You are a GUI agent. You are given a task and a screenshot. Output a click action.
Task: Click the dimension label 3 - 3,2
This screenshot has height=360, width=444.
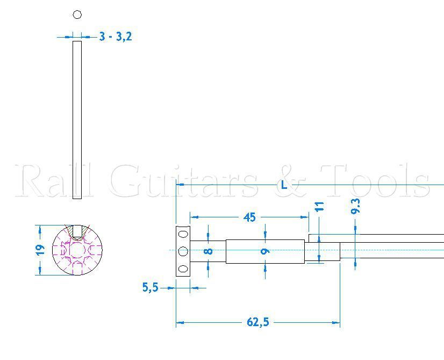pyautogui.click(x=116, y=37)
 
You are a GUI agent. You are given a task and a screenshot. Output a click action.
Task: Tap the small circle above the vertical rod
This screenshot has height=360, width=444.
pyautogui.click(x=77, y=15)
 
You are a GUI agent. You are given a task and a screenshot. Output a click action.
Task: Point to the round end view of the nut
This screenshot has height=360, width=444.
pyautogui.click(x=77, y=250)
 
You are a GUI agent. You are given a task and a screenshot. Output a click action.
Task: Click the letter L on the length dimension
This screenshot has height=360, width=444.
pyautogui.click(x=284, y=185)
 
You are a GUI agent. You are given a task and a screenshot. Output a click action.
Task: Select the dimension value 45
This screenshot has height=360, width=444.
pyautogui.click(x=249, y=217)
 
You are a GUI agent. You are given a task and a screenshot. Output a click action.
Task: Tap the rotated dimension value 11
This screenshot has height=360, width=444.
pyautogui.click(x=320, y=207)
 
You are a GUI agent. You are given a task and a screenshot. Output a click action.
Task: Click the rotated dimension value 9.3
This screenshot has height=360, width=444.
pyautogui.click(x=355, y=207)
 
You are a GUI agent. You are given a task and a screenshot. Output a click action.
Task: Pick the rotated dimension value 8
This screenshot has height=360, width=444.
pyautogui.click(x=209, y=251)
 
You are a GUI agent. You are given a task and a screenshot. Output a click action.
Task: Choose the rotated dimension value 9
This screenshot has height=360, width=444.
pyautogui.click(x=266, y=251)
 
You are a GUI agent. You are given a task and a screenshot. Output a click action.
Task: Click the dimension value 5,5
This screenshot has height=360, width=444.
pyautogui.click(x=151, y=288)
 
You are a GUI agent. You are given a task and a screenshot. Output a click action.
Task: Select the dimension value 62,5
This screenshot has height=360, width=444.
pyautogui.click(x=257, y=322)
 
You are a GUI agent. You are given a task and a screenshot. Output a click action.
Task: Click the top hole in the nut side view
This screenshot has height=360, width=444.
pyautogui.click(x=183, y=234)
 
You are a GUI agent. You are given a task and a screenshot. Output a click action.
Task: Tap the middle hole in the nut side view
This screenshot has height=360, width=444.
pyautogui.click(x=183, y=251)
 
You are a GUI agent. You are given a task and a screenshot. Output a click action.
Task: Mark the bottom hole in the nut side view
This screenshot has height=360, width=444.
pyautogui.click(x=183, y=269)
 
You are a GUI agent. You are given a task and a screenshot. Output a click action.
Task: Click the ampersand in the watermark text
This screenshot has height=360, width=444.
pyautogui.click(x=291, y=181)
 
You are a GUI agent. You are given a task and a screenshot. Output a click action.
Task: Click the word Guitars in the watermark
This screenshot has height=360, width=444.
pyautogui.click(x=183, y=181)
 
